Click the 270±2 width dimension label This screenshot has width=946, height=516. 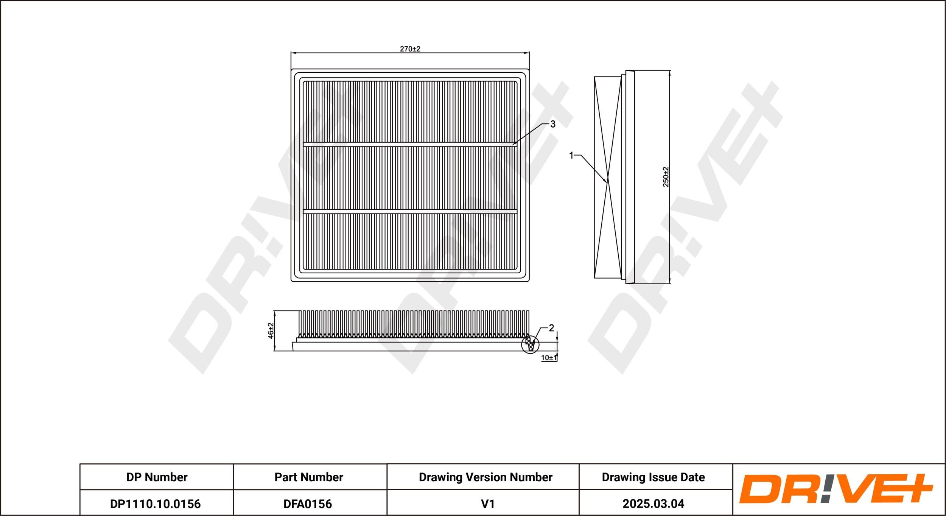[x=410, y=49]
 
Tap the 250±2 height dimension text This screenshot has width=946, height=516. [x=666, y=177]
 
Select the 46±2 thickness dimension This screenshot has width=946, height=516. [x=271, y=330]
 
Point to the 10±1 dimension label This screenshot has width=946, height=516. [x=549, y=357]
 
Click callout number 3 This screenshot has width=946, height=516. [x=552, y=124]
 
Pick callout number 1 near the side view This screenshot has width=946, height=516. [x=571, y=155]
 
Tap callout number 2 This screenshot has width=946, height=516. [x=551, y=328]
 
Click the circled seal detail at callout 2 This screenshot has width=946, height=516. [x=530, y=345]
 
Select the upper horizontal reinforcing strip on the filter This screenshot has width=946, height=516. [x=410, y=145]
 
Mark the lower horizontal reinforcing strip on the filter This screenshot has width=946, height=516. [x=410, y=211]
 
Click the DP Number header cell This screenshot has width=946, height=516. [x=157, y=477]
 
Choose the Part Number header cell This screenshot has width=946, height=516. [x=309, y=477]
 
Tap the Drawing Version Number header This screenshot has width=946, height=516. [x=485, y=477]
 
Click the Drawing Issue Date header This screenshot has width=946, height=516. [x=653, y=477]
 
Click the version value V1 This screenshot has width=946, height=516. [x=488, y=504]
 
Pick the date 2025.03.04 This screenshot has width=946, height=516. [x=653, y=504]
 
